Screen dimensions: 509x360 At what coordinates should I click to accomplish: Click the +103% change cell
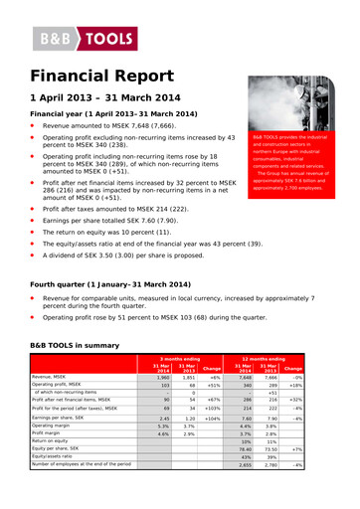click(x=213, y=408)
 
